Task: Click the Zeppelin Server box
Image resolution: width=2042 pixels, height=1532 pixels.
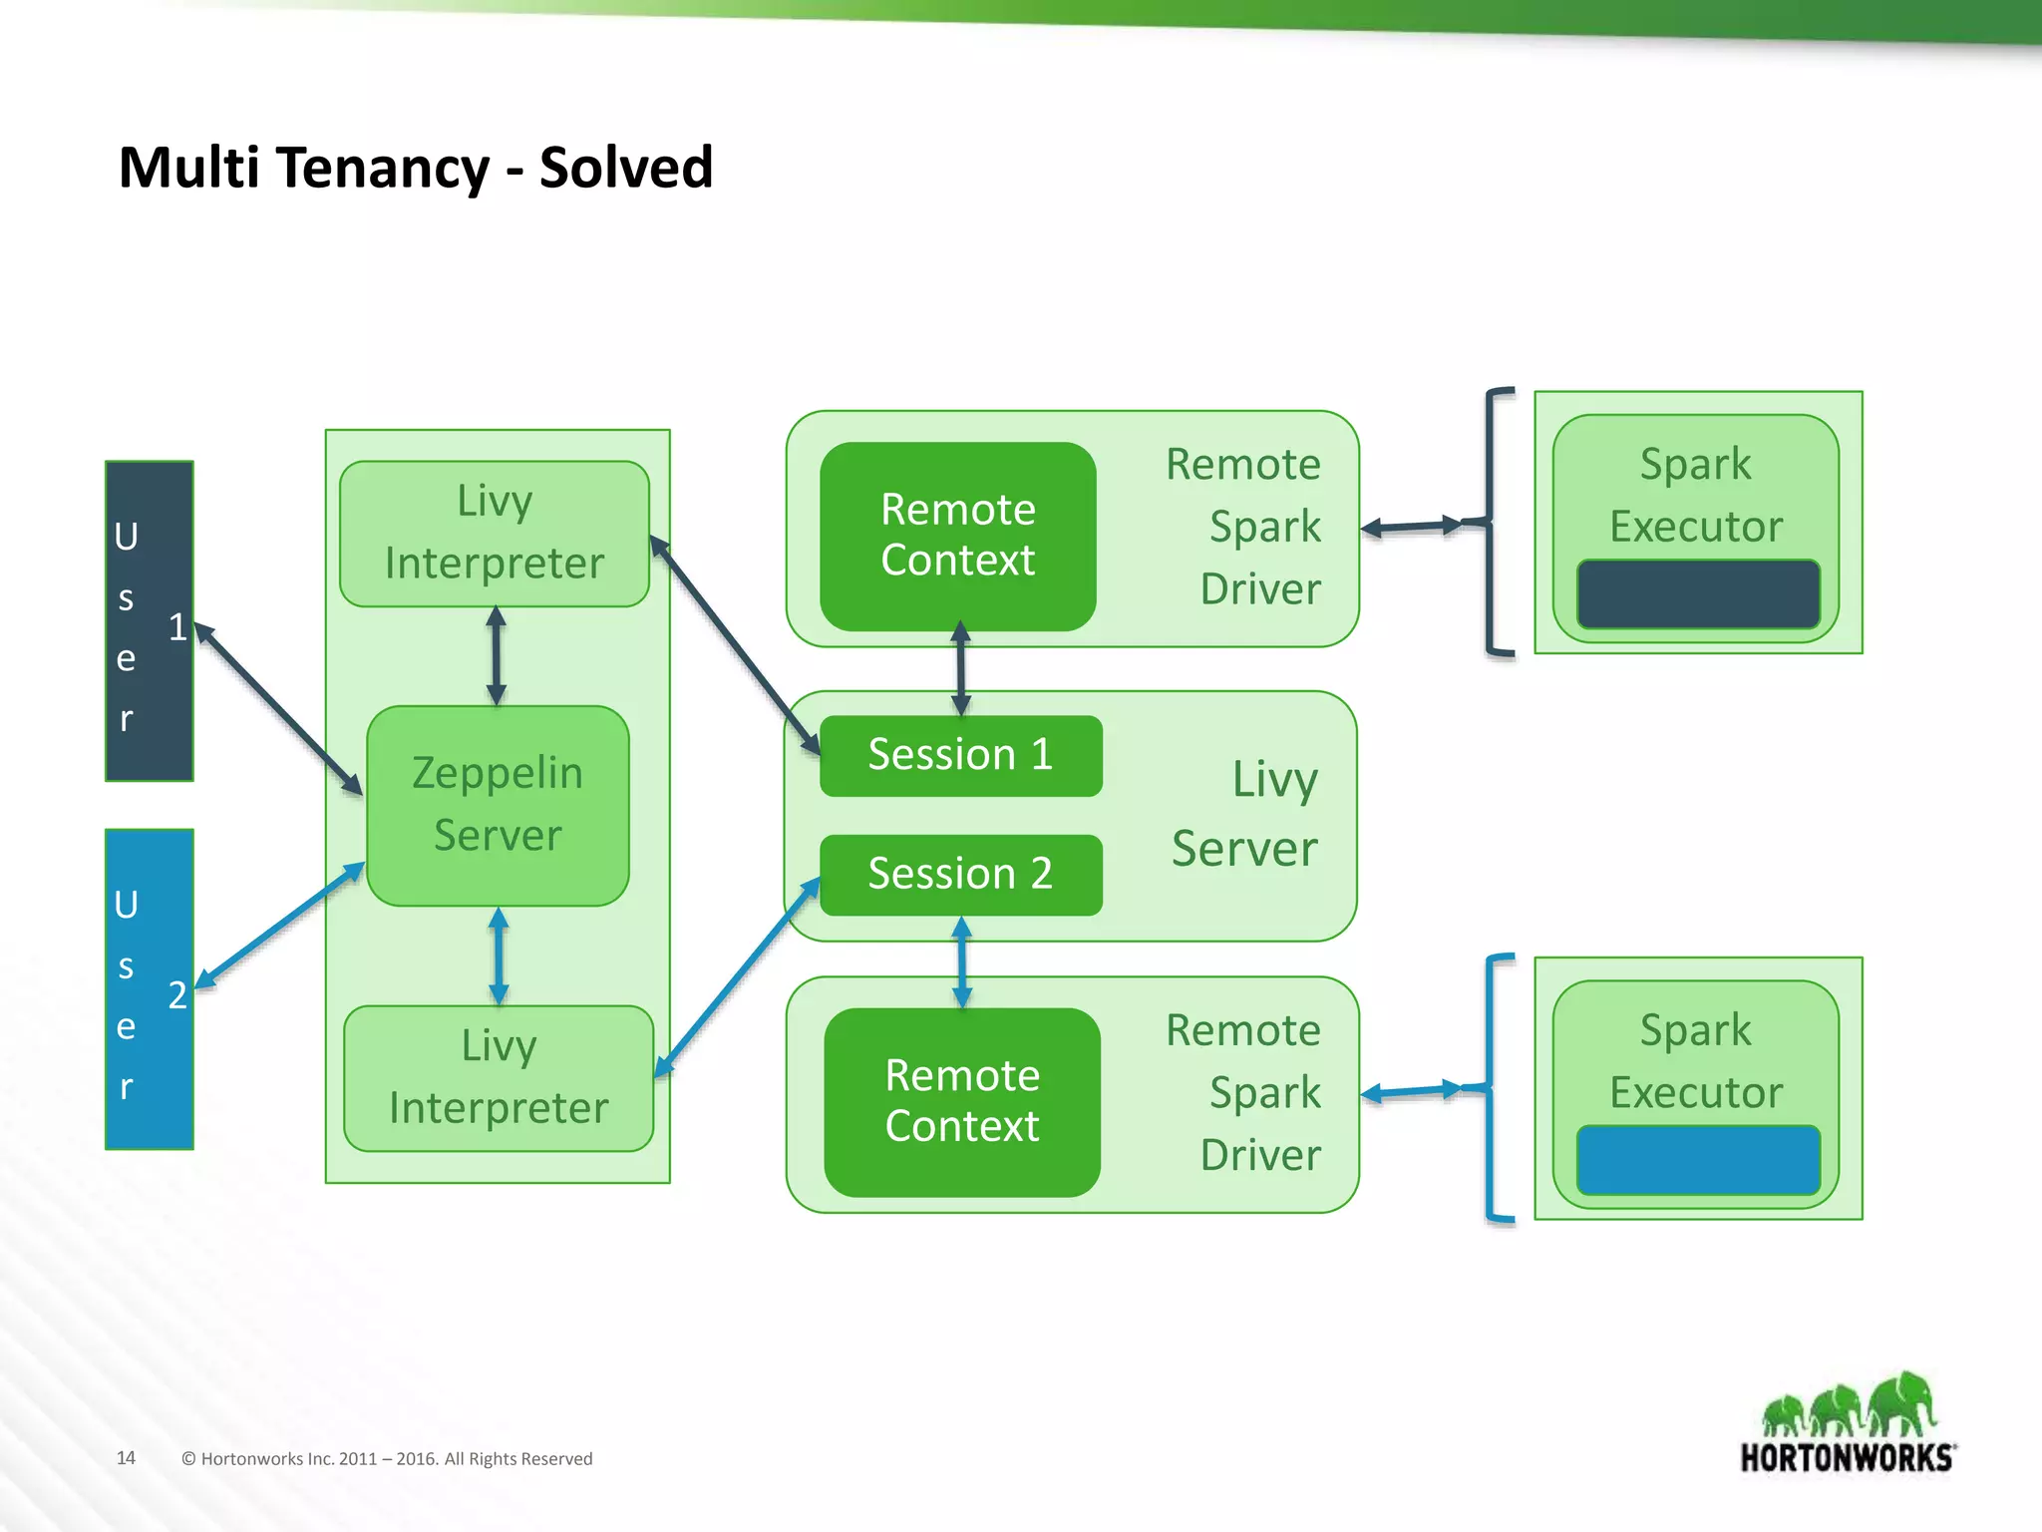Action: pos(498,805)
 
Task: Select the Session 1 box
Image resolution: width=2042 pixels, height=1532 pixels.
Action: pos(960,755)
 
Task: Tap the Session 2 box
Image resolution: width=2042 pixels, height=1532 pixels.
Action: pos(960,875)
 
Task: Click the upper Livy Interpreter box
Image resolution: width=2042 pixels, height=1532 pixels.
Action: pos(495,533)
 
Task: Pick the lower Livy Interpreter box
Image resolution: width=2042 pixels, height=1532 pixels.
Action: pos(499,1078)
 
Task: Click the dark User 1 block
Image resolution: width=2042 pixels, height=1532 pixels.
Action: pos(149,620)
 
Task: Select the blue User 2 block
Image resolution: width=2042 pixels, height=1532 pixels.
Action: pos(149,989)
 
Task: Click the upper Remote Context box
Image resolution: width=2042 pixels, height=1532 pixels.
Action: pos(957,536)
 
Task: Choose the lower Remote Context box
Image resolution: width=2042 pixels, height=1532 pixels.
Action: pos(962,1102)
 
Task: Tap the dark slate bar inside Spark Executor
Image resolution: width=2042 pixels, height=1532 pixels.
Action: pos(1698,594)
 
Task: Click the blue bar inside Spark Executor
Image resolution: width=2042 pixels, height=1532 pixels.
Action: pos(1698,1160)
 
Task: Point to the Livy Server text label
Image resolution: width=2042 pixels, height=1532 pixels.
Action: pos(1246,814)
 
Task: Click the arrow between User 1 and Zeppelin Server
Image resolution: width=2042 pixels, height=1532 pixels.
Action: pos(278,708)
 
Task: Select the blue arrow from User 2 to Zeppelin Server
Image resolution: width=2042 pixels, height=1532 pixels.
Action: pos(280,925)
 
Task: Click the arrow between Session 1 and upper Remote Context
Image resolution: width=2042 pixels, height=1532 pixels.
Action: pos(960,669)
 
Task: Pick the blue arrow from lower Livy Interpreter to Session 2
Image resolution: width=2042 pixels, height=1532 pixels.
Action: pos(737,977)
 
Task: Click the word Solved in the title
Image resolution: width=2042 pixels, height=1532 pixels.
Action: pos(626,168)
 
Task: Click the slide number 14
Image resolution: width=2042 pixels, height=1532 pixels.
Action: pos(126,1457)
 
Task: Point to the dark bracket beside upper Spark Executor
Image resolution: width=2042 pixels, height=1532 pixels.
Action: pos(1492,522)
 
